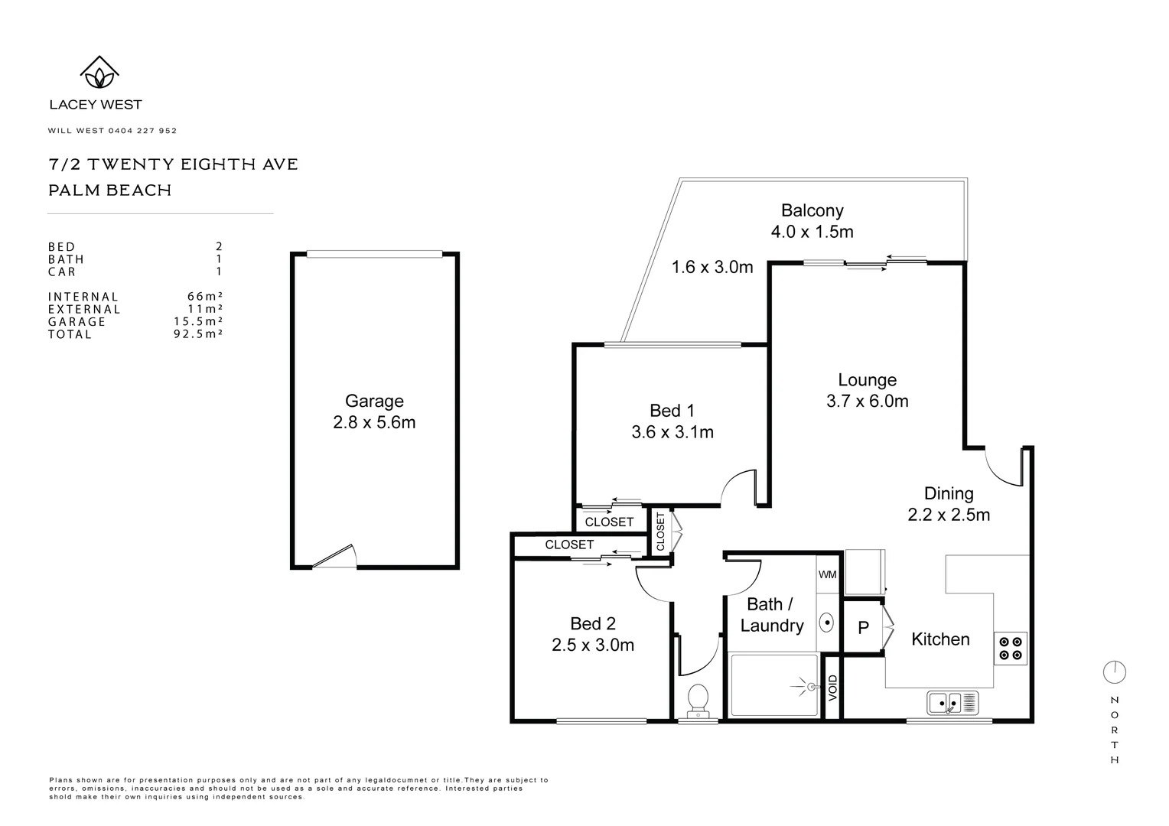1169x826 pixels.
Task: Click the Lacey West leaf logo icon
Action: (x=99, y=73)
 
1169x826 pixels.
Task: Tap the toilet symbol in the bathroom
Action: (x=697, y=701)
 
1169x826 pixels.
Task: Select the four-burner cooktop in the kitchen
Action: (x=1010, y=649)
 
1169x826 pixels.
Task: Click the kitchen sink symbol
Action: (x=952, y=702)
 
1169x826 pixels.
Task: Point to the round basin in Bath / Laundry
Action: (x=826, y=622)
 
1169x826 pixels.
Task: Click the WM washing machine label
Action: (x=827, y=574)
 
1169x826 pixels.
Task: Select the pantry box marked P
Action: (x=863, y=628)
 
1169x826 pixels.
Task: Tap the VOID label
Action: (x=833, y=688)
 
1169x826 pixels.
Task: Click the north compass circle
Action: (x=1114, y=672)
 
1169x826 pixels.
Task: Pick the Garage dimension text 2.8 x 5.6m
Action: (x=374, y=422)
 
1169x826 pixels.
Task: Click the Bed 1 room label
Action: (x=672, y=411)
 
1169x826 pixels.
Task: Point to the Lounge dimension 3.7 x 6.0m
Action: (x=867, y=401)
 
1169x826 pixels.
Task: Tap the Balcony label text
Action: (x=812, y=210)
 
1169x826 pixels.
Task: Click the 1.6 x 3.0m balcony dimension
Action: (x=711, y=267)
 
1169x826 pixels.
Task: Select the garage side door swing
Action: (x=336, y=557)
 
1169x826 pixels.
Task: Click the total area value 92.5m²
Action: (x=197, y=334)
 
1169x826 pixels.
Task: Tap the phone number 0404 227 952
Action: (x=142, y=131)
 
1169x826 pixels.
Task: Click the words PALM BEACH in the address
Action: (x=109, y=190)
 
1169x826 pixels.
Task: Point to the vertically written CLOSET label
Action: (x=660, y=531)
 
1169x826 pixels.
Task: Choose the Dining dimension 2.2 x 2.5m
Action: (x=949, y=515)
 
